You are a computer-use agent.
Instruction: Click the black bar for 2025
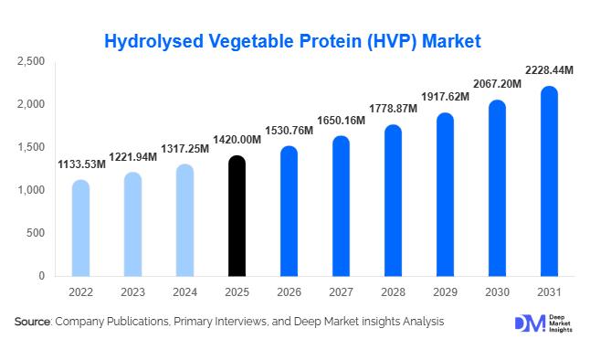[x=237, y=216]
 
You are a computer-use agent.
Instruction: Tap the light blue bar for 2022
[x=80, y=228]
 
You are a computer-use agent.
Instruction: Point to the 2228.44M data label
[x=549, y=70]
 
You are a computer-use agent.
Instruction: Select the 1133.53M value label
[x=80, y=165]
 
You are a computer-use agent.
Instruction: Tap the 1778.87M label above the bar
[x=392, y=110]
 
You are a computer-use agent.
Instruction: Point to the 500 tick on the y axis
[x=35, y=233]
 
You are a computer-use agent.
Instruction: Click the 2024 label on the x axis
[x=184, y=292]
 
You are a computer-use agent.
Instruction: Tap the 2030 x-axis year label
[x=496, y=292]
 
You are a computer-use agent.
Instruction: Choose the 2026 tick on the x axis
[x=289, y=292]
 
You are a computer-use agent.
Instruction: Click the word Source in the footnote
[x=32, y=322]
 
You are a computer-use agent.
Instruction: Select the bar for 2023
[x=132, y=224]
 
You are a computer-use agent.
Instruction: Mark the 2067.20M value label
[x=496, y=84]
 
